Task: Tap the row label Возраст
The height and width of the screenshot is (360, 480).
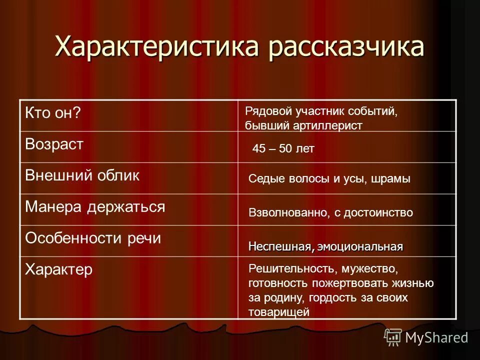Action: pos(54,145)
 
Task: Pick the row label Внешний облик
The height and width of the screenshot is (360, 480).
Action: pos(82,175)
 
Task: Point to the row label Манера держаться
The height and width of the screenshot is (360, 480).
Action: pos(95,206)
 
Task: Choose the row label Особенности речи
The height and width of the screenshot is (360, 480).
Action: pos(93,238)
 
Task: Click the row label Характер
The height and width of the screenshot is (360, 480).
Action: pos(59,270)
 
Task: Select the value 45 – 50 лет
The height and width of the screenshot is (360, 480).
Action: pos(283,149)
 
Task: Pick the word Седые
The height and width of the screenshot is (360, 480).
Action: pos(265,179)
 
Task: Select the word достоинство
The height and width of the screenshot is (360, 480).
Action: pos(378,212)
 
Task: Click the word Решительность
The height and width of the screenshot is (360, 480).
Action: pos(293,269)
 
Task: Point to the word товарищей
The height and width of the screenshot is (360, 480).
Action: pos(279,312)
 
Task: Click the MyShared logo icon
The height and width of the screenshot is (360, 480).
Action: pos(392,337)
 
